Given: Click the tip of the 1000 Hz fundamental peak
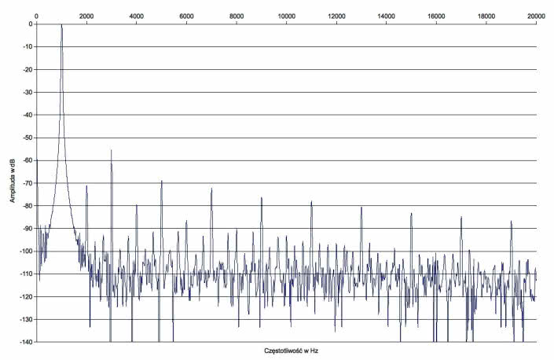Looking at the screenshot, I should pos(61,25).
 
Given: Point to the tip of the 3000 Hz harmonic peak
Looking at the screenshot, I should pos(112,150).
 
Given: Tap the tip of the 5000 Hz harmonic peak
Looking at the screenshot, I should pos(162,181).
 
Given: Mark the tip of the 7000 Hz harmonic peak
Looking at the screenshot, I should pos(211,189).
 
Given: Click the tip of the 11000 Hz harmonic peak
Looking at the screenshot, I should pos(312,200).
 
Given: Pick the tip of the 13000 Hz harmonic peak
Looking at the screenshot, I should pos(361,208).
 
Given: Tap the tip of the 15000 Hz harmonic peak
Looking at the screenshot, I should pos(411,213).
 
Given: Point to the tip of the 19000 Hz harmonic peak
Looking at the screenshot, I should pos(512,221).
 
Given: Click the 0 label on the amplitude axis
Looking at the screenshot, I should pos(31,24).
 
